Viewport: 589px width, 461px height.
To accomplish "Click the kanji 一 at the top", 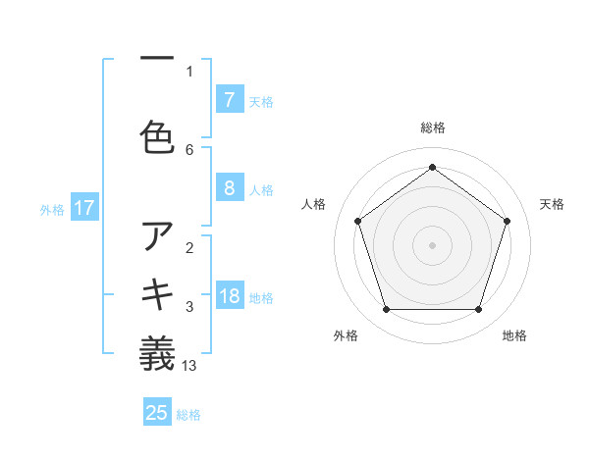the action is [157, 58].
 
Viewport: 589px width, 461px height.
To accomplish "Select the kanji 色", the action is [157, 136].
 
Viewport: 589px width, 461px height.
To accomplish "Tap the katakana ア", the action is [157, 236].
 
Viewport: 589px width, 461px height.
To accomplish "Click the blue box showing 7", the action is [229, 100].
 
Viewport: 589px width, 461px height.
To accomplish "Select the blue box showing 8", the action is [229, 188].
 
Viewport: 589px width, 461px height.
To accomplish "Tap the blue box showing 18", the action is [229, 296].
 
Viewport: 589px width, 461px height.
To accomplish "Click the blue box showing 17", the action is [84, 208].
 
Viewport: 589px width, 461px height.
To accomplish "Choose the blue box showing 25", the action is [157, 413].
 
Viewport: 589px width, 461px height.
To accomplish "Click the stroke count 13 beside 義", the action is [189, 366].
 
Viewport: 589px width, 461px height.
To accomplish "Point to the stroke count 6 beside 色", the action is [189, 149].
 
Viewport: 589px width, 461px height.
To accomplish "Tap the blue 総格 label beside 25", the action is [188, 415].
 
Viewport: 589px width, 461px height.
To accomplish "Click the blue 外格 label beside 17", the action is [52, 209].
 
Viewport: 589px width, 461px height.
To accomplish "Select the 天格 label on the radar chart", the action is [552, 204].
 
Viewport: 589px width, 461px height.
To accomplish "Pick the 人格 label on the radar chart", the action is [313, 204].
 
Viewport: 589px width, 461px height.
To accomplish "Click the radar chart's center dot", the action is [432, 244].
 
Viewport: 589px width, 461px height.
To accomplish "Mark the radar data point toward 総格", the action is [432, 167].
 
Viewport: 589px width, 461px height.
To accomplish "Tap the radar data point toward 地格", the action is [478, 310].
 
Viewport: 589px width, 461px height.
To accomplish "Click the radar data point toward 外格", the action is [386, 310].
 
